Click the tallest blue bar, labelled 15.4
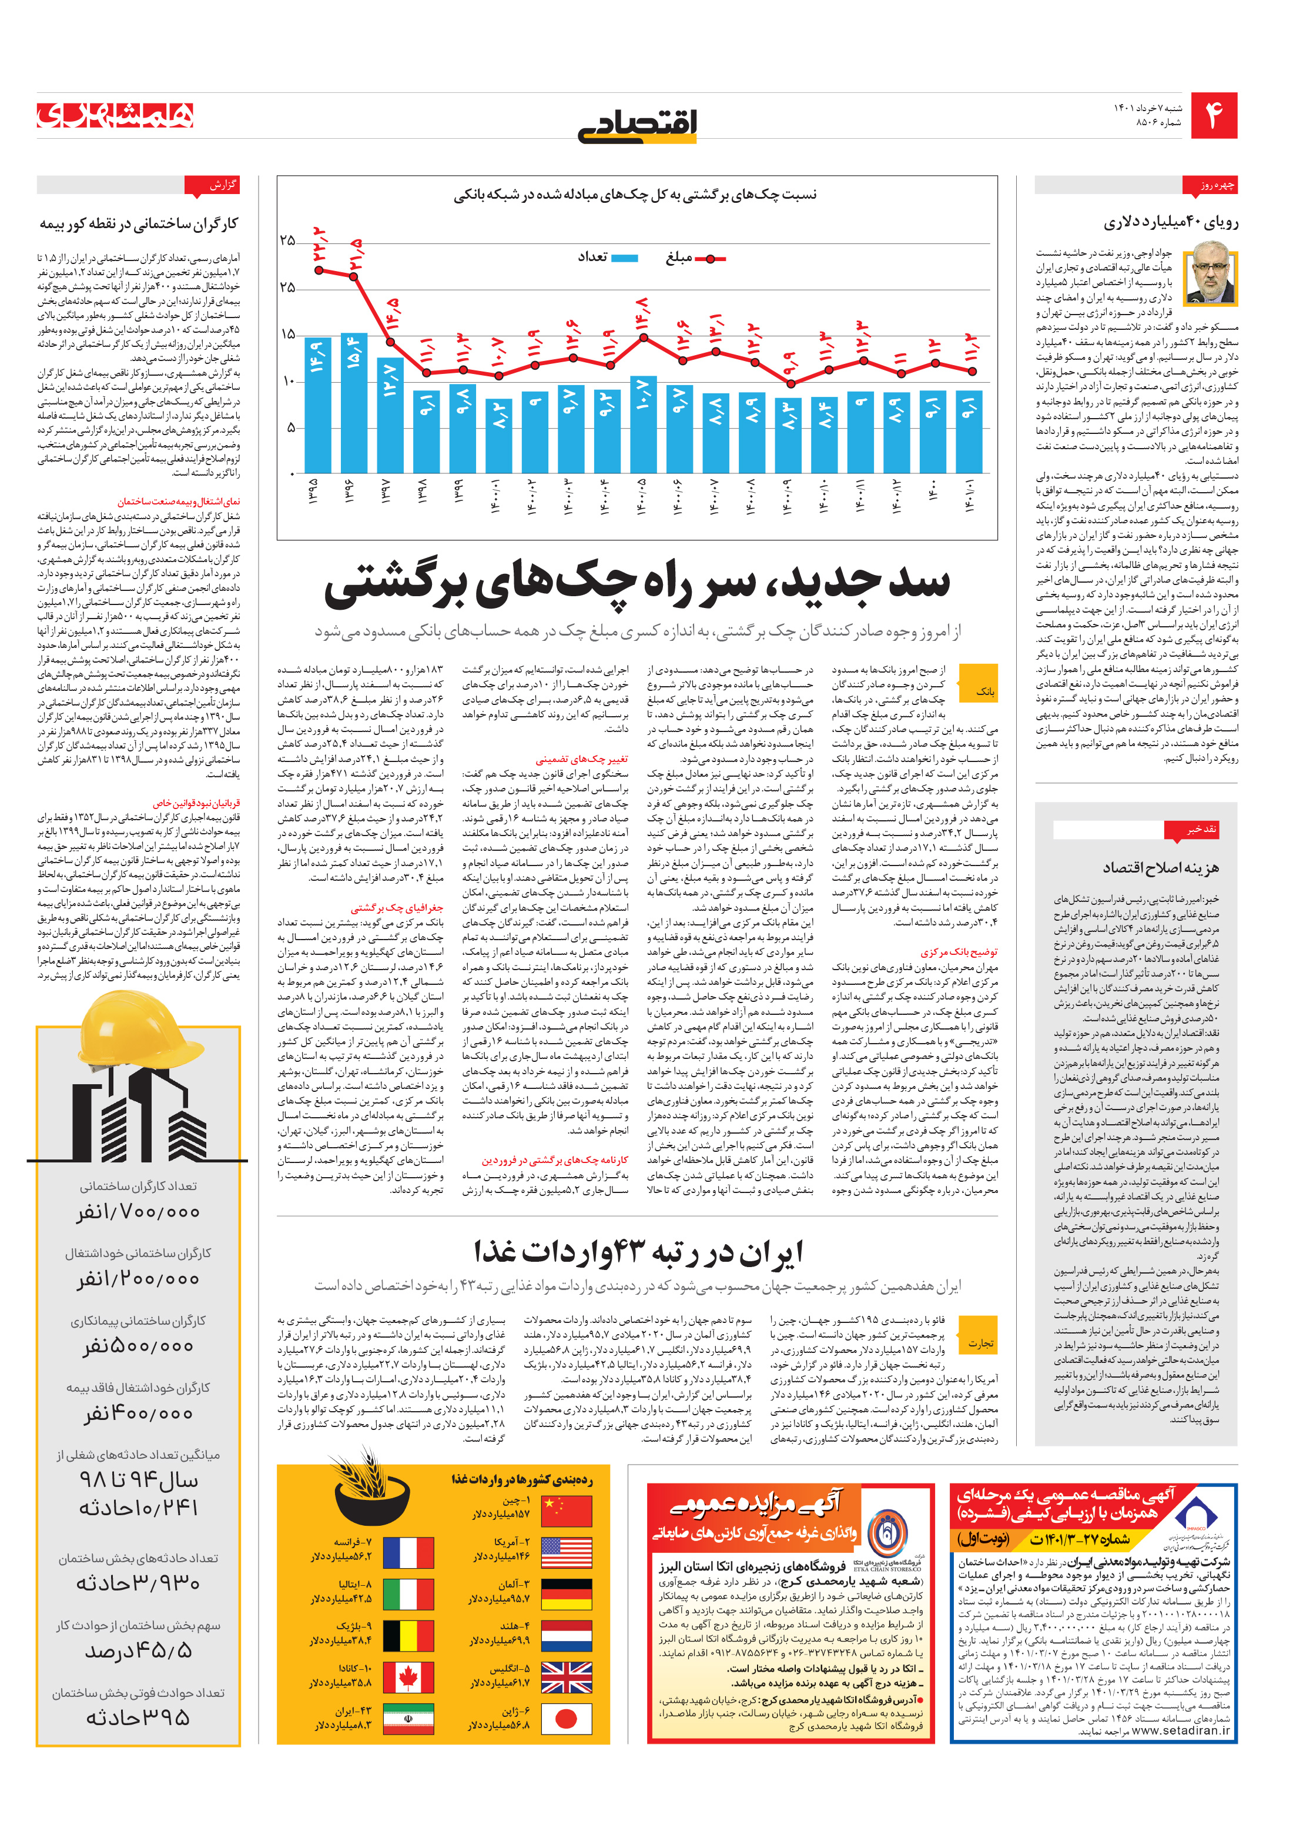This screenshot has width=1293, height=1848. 354,402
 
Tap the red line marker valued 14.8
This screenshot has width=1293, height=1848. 643,337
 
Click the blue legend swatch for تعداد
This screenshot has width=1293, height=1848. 624,258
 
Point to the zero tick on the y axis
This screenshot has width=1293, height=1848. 292,473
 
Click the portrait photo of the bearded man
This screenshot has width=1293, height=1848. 1211,279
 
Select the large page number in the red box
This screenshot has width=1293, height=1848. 1213,116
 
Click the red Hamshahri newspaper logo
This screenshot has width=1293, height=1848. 115,115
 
